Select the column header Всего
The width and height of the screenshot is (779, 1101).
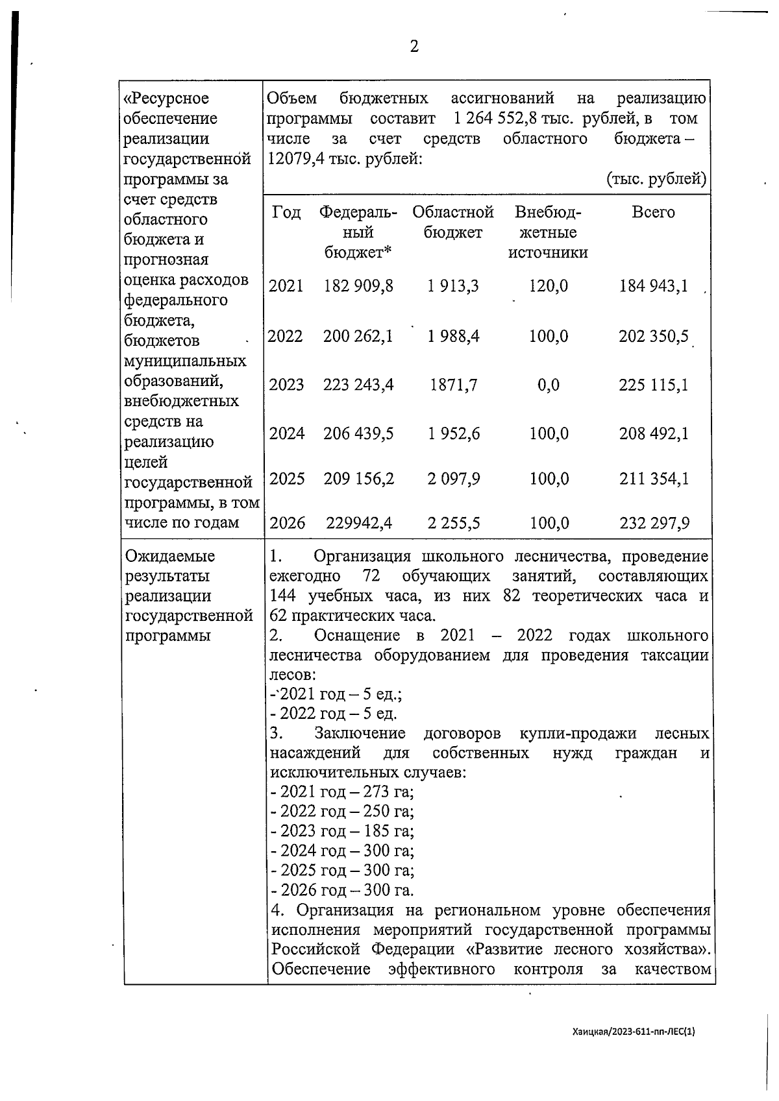tap(653, 213)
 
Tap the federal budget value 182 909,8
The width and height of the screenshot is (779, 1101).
tap(358, 286)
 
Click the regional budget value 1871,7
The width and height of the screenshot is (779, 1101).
tap(454, 385)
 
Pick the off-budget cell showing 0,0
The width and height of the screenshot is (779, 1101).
tap(549, 385)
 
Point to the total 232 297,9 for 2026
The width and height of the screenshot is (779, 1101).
tap(654, 523)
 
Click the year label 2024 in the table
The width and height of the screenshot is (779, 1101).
tap(286, 434)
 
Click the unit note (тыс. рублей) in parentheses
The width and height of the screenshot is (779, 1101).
tap(656, 179)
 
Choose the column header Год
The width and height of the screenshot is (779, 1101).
tap(286, 213)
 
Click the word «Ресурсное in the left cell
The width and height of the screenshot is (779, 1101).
tap(167, 99)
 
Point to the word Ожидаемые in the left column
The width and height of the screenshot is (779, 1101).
tap(169, 557)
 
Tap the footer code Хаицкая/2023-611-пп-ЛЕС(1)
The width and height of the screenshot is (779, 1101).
tap(634, 1031)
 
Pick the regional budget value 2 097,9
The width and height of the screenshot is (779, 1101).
tap(454, 479)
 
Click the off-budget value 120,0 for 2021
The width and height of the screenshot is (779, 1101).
tap(549, 286)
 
